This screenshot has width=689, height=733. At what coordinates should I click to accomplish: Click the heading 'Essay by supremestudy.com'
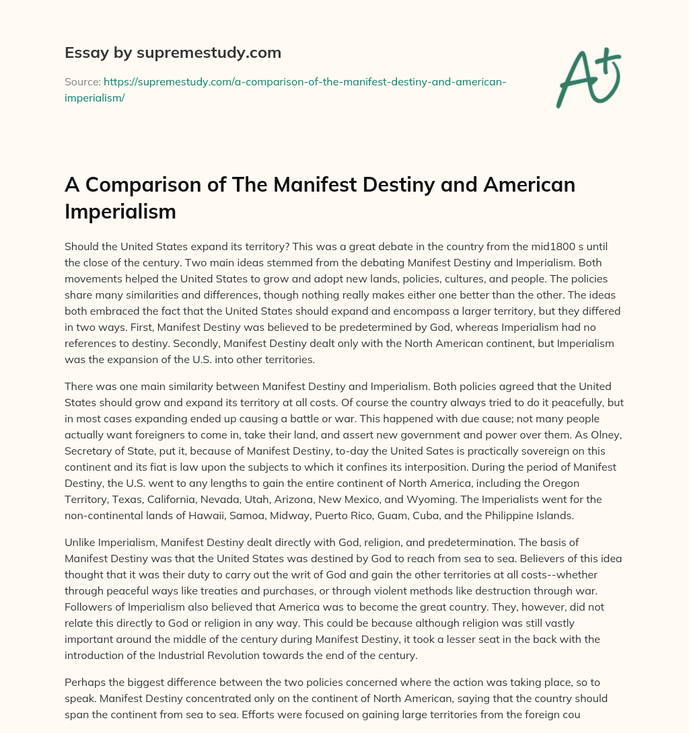point(172,52)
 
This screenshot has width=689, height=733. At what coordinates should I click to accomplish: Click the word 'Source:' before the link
point(82,82)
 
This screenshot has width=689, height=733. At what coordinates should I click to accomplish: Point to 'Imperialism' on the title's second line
point(120,211)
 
